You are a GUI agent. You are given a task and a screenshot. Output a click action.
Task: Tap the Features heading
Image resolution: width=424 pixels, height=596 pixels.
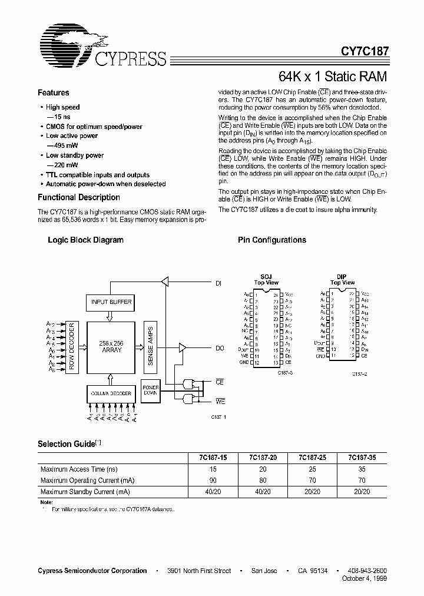(x=53, y=93)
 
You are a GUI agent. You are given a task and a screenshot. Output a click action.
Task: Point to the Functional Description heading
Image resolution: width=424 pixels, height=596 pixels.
(x=78, y=198)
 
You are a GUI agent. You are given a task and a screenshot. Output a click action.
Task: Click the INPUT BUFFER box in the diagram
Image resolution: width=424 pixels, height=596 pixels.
(x=111, y=303)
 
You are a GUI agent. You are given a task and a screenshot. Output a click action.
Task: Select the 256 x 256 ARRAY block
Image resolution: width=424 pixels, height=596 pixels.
(x=111, y=346)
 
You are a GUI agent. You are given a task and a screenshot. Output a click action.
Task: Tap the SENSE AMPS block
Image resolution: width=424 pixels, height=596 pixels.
(x=151, y=346)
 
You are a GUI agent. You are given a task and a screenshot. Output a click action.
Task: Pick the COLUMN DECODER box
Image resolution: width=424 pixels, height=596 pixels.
(x=111, y=392)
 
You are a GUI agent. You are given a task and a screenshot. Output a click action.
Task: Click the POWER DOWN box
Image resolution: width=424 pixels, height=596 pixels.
(x=151, y=392)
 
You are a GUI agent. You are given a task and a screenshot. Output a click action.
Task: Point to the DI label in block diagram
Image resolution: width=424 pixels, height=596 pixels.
(x=218, y=283)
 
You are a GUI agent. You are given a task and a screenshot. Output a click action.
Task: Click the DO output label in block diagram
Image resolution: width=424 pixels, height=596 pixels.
(x=220, y=348)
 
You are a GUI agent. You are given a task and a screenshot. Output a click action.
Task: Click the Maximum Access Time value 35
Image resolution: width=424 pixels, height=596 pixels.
(x=362, y=469)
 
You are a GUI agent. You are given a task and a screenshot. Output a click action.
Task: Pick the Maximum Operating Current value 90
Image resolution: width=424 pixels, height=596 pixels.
(x=213, y=481)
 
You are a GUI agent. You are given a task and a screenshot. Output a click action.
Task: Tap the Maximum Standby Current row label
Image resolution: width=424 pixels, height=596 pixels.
(x=85, y=492)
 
